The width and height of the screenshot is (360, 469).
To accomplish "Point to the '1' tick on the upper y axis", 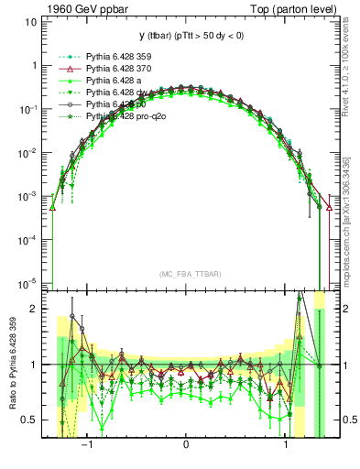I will [34, 65].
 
